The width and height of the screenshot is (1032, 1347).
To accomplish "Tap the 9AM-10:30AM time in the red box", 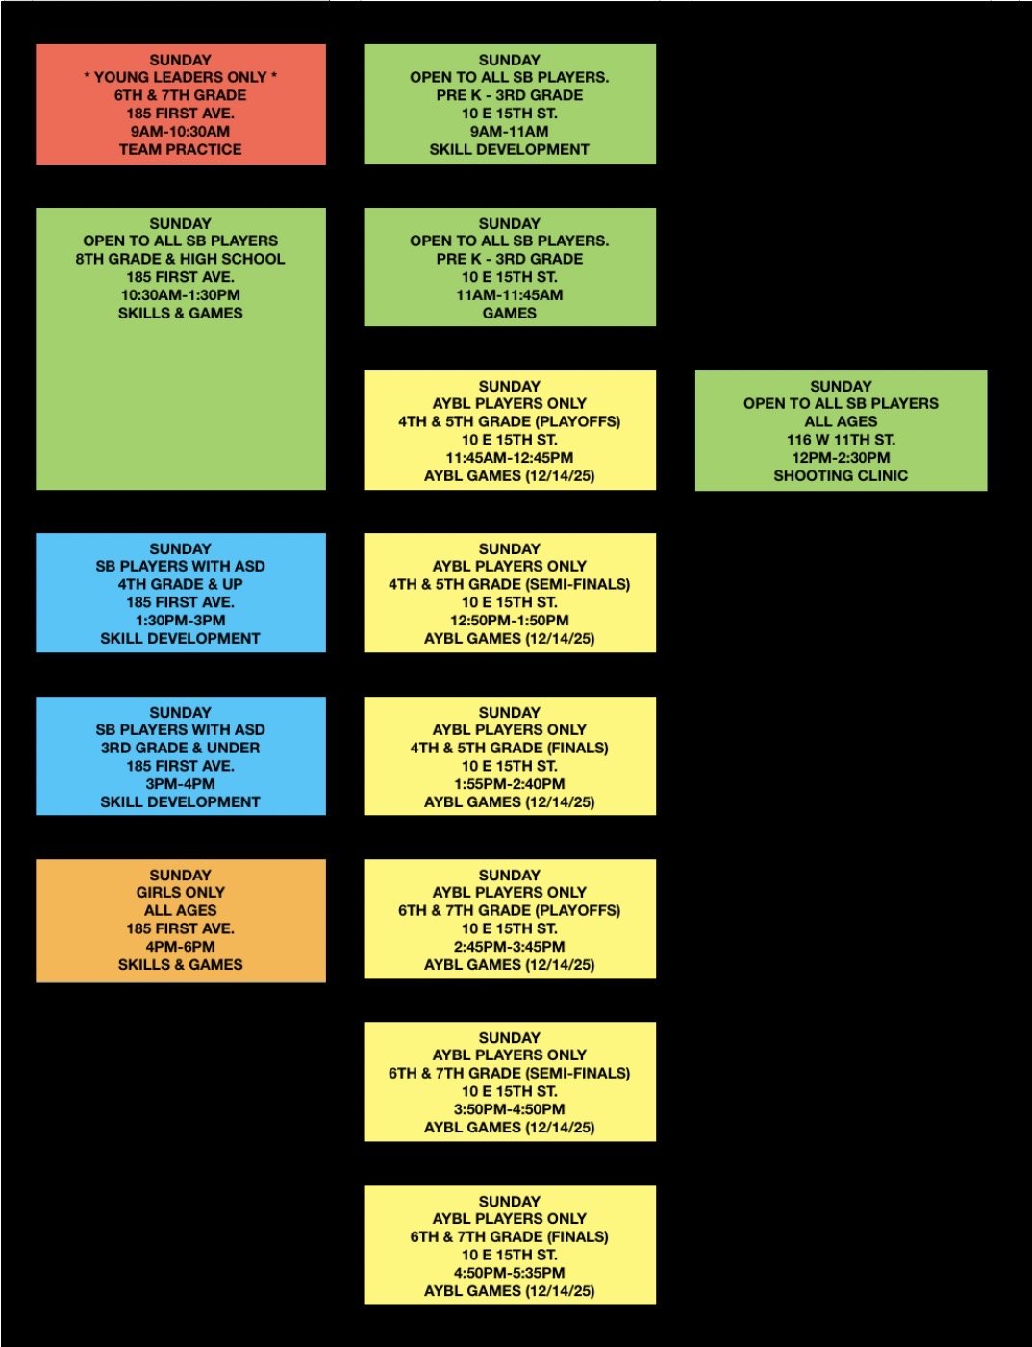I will (x=180, y=132).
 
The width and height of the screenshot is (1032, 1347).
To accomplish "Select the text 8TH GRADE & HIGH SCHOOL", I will (x=180, y=259).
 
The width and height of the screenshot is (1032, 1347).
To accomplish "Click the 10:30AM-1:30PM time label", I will (x=180, y=295).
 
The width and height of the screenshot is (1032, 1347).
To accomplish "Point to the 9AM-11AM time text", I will (x=509, y=132).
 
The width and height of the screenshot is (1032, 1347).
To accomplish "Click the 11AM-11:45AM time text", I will (x=509, y=295).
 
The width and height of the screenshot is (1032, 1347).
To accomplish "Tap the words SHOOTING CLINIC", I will (x=841, y=475).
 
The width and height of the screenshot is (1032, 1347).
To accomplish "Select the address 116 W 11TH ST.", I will (x=841, y=440).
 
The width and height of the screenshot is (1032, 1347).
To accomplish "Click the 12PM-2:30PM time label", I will (x=841, y=458).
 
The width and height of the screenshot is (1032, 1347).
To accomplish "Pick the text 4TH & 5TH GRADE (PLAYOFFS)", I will (x=509, y=421).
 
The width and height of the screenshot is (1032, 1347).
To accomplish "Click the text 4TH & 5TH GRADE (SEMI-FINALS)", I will (x=509, y=584).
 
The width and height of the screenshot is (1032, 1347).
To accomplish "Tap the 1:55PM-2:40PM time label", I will (x=509, y=784).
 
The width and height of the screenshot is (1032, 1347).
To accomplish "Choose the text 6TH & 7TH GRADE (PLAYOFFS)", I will (x=509, y=910).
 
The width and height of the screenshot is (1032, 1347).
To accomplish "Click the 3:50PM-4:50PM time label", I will (x=509, y=1109).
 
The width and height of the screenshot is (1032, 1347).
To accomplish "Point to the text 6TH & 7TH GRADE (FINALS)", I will (x=509, y=1236).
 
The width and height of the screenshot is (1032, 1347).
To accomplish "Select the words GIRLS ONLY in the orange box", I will (x=180, y=892).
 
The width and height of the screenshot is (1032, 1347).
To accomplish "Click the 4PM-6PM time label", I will (x=180, y=947).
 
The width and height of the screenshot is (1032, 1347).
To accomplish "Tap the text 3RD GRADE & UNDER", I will (x=180, y=748).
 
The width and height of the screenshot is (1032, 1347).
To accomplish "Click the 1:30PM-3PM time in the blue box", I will (x=180, y=621).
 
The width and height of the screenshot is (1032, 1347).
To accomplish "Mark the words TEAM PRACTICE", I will (x=180, y=149).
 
